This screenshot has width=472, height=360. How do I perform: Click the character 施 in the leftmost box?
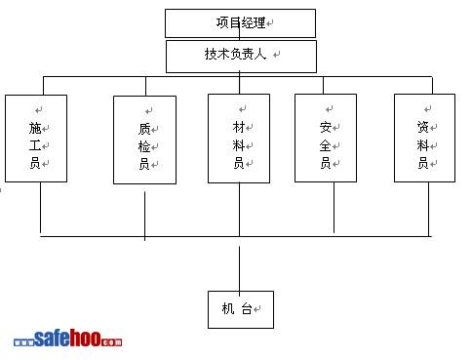35,128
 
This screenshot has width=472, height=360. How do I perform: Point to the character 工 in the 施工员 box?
35,145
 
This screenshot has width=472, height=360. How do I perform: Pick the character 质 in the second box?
144,129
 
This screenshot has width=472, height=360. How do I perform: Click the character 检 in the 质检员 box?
144,146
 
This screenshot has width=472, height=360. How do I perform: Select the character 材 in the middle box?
239,127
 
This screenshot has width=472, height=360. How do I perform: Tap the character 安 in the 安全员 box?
326,127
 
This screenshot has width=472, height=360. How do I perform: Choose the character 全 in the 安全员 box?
326,145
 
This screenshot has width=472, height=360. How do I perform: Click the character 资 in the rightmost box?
423,127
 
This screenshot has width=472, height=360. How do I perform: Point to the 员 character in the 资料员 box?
423,163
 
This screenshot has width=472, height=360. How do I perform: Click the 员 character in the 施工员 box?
35,163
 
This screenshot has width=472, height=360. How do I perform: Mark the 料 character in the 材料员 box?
239,145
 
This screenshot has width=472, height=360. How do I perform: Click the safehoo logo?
68,339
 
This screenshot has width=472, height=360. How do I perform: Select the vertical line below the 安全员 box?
334,208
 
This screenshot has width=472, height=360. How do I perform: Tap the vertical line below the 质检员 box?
144,216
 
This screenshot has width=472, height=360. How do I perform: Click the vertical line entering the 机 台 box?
240,271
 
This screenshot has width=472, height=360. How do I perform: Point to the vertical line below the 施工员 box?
40,208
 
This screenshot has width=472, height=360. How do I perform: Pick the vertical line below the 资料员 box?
428,209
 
